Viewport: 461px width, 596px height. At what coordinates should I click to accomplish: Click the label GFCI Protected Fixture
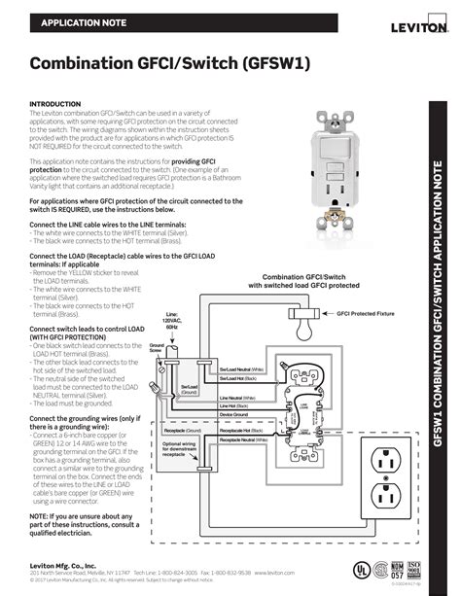(366, 314)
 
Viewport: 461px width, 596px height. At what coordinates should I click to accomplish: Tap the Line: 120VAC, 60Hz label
(172, 322)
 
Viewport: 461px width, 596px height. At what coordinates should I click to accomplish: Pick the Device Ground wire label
(233, 415)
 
